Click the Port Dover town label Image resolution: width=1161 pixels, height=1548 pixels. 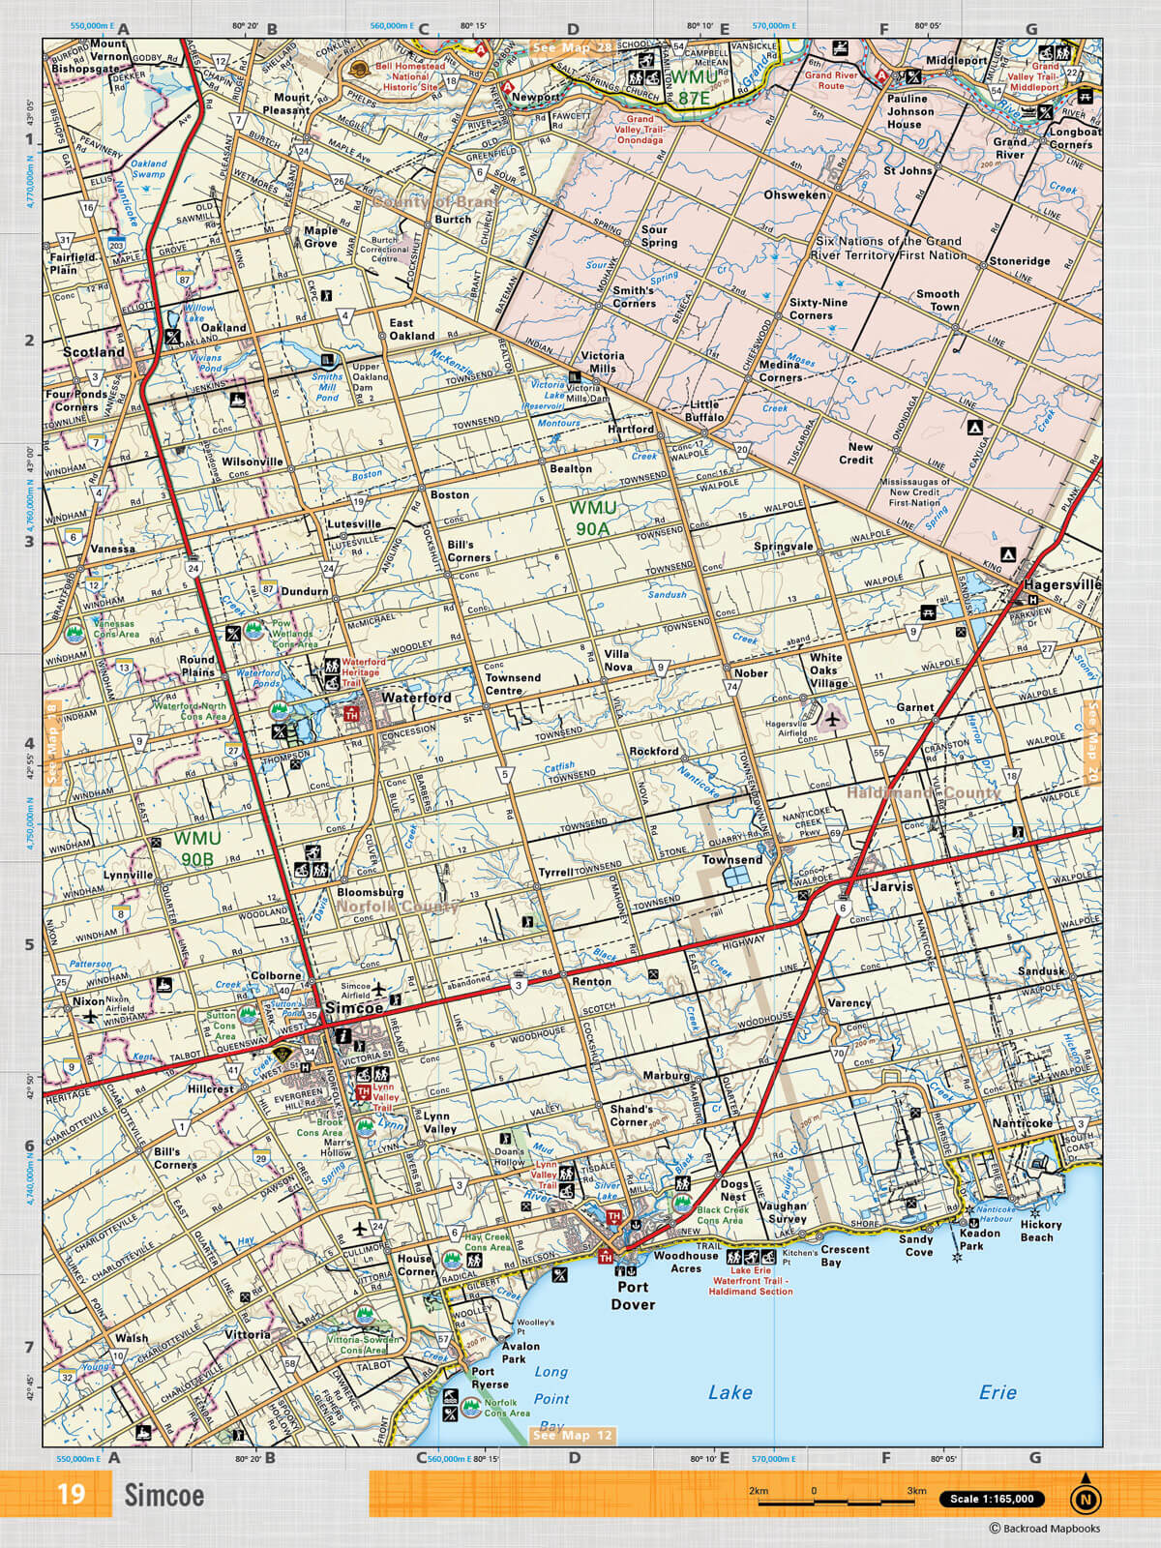[x=633, y=1295]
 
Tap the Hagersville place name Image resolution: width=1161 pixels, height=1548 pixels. [x=1062, y=584]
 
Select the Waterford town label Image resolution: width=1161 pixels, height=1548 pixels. [x=416, y=697]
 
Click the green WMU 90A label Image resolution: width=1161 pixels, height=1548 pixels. [x=592, y=518]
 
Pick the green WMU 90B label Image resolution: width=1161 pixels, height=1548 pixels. [x=197, y=848]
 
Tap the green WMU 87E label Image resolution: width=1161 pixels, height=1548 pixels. [x=694, y=87]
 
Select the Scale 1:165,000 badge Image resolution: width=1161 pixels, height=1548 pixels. [x=991, y=1499]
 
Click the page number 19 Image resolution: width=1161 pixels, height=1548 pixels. [x=71, y=1494]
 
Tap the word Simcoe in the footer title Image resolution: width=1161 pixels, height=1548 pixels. [x=164, y=1495]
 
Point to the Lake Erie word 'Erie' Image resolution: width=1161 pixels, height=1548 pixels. [x=997, y=1391]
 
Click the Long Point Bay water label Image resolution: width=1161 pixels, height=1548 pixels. [x=551, y=1398]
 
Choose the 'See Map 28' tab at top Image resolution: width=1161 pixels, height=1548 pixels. [x=572, y=47]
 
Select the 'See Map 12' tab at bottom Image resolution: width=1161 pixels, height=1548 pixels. [x=573, y=1435]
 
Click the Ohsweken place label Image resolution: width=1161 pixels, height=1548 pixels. [x=795, y=194]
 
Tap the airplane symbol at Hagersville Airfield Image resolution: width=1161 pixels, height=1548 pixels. [x=832, y=718]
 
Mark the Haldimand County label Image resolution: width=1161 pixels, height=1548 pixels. [x=923, y=792]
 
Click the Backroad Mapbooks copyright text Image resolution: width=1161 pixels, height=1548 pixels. [x=1044, y=1529]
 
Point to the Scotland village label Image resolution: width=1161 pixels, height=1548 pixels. [x=94, y=352]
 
